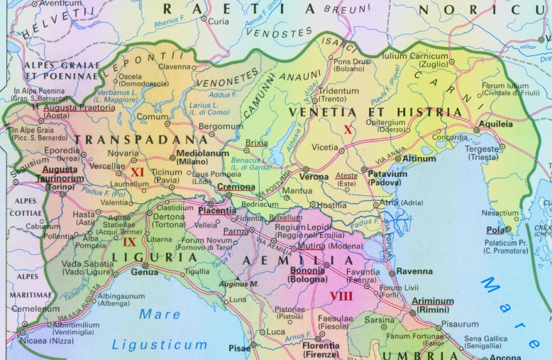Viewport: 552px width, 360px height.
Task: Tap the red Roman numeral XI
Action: click(138, 172)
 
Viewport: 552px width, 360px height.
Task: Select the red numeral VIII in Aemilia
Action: click(341, 295)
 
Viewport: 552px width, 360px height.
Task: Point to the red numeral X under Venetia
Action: click(348, 129)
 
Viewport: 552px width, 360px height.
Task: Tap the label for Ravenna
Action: click(414, 271)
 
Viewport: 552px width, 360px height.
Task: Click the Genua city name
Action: click(145, 272)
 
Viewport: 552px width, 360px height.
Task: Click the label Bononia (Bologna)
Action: click(307, 275)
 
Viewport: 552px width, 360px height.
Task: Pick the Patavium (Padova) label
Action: click(387, 178)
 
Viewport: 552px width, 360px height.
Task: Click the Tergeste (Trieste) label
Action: click(482, 153)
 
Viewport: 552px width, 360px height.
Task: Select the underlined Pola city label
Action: click(495, 229)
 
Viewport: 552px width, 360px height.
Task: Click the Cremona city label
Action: click(236, 187)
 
